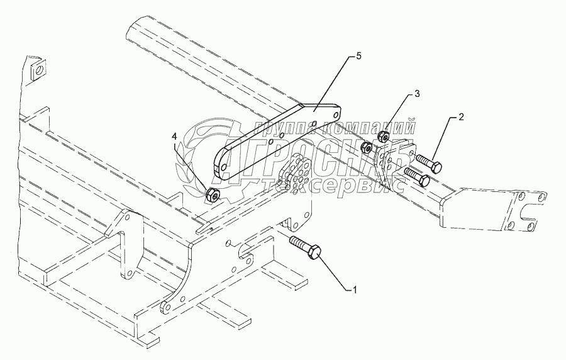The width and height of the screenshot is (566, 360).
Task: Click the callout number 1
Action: [x=355, y=290]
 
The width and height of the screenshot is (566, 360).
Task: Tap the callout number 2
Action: [x=461, y=117]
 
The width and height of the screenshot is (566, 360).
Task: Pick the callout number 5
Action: [x=358, y=57]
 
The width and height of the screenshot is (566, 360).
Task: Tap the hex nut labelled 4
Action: [x=213, y=194]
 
